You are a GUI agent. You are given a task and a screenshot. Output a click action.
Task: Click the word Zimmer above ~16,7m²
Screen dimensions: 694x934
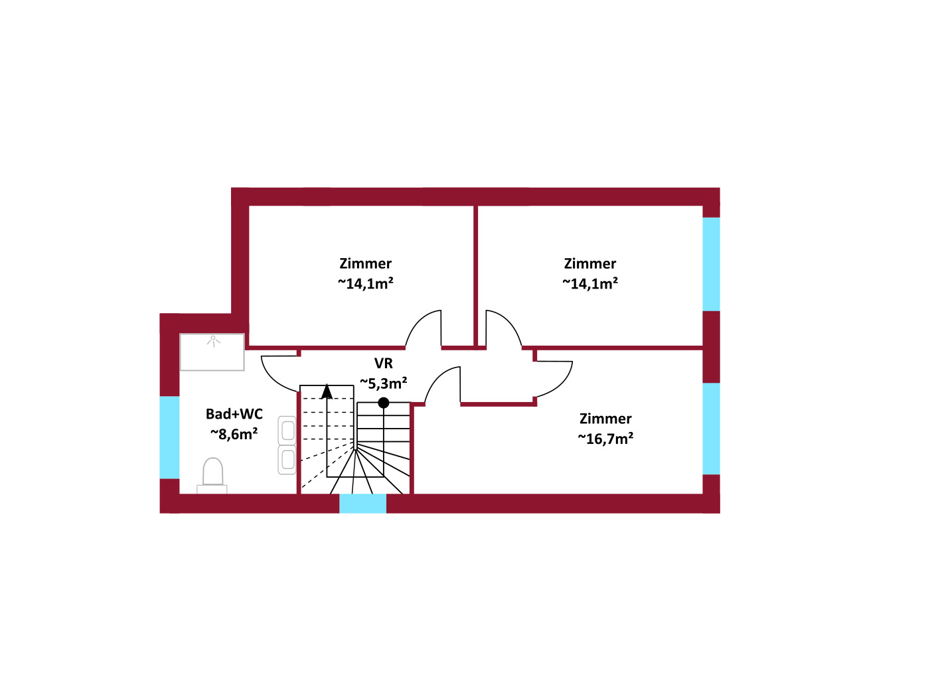pos(605,419)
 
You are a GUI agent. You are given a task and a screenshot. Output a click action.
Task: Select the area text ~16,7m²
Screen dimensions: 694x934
pos(605,439)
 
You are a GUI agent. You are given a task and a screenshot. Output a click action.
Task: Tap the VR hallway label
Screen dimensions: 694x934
pos(384,364)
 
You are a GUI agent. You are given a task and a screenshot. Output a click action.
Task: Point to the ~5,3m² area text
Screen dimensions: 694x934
pos(384,383)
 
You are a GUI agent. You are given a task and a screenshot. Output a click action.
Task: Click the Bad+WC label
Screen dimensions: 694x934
pos(234,414)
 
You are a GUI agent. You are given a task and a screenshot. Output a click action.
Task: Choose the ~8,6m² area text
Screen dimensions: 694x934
pos(234,434)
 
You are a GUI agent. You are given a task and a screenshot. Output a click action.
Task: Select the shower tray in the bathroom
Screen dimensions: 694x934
pos(212,352)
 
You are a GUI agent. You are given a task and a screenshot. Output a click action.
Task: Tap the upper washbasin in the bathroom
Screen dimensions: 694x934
pos(287,431)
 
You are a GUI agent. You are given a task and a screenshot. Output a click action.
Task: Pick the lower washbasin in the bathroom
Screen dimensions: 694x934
pos(287,460)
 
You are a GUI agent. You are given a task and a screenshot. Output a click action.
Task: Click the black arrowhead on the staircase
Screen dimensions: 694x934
pos(327,391)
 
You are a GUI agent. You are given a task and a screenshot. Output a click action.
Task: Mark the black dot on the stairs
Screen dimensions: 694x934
pos(384,403)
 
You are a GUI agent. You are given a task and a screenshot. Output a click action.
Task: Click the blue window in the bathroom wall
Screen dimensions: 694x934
pos(169,437)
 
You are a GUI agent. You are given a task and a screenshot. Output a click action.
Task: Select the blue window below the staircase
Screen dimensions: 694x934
pos(363,504)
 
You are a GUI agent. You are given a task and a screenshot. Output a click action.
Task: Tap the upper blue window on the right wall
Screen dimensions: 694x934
pos(712,264)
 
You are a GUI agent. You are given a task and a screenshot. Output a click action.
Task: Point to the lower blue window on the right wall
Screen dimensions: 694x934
pos(712,429)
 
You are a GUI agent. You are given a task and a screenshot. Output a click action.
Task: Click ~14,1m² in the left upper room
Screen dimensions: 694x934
pos(366,283)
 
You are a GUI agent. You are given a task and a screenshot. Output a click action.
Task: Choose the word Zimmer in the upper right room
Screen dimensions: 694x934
pos(590,263)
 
